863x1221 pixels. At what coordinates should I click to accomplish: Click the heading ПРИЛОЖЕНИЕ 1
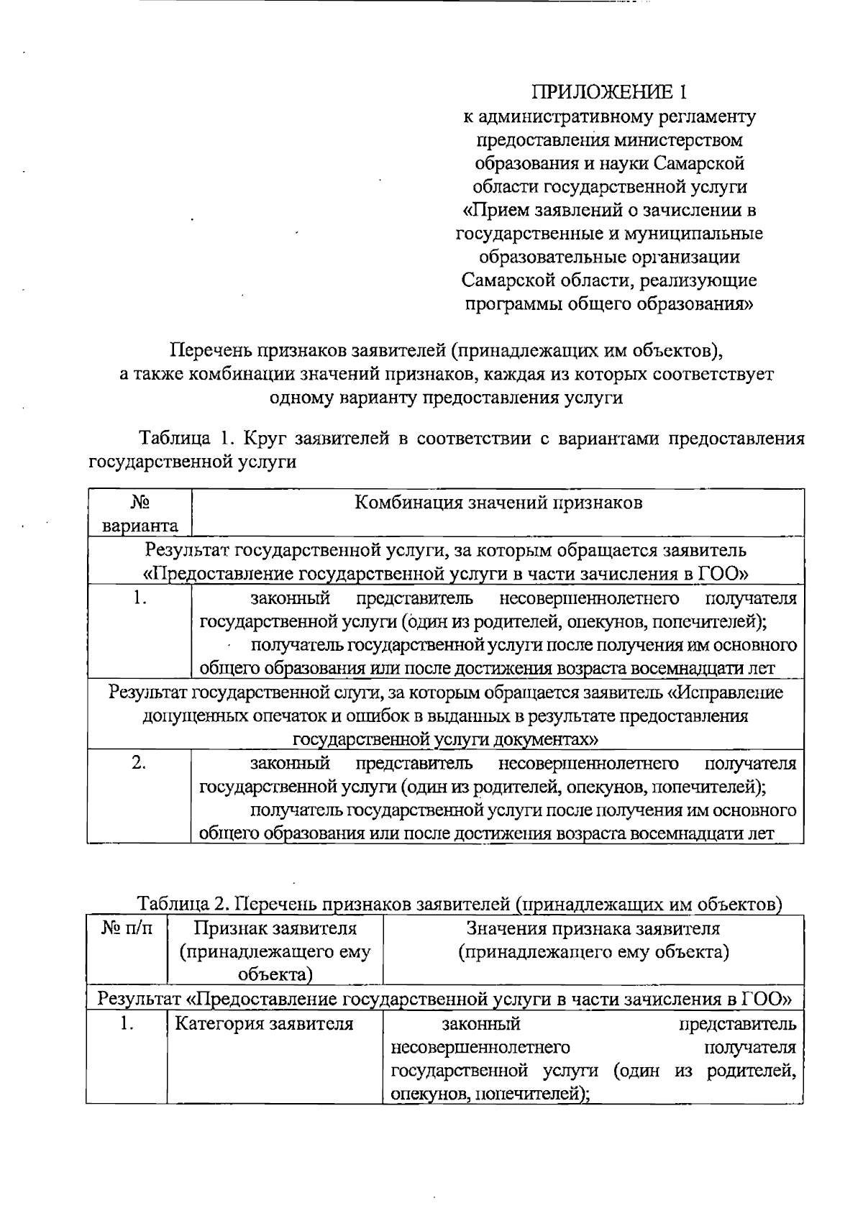[x=609, y=92]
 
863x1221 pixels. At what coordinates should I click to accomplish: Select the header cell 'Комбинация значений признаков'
[x=498, y=503]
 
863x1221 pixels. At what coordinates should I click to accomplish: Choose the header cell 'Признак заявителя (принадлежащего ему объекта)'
[x=275, y=951]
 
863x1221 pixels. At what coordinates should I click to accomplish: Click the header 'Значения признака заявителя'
[x=593, y=928]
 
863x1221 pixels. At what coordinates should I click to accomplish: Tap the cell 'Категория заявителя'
[x=264, y=1023]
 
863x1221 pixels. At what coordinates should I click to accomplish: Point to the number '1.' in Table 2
[x=127, y=1023]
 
